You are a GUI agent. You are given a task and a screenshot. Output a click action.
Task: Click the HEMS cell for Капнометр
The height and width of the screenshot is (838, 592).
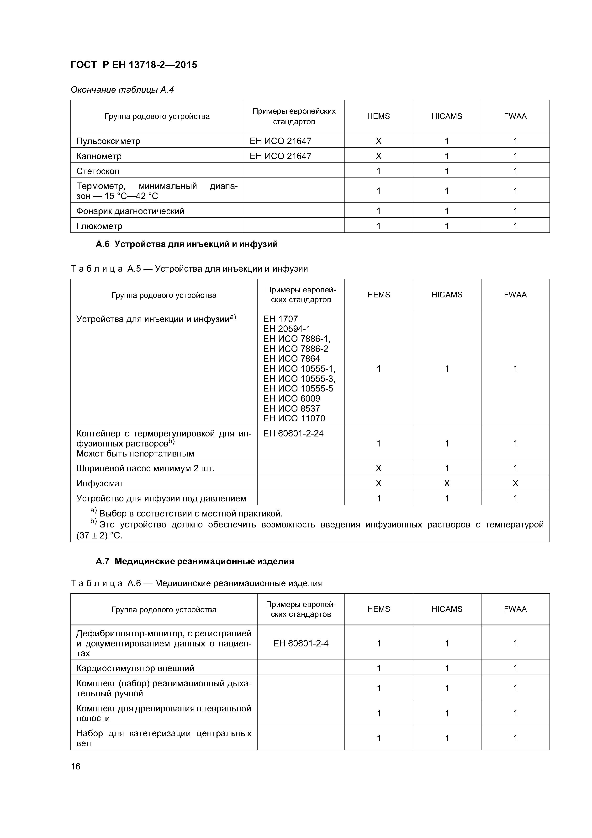(378, 156)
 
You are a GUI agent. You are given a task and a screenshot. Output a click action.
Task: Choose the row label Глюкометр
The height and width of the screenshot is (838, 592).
(99, 226)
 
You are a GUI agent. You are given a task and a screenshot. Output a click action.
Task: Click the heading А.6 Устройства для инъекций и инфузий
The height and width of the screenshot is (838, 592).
(186, 244)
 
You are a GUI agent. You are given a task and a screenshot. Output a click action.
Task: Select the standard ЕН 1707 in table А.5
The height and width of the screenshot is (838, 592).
(280, 319)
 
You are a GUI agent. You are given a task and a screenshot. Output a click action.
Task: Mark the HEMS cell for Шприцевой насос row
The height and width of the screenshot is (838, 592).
(378, 468)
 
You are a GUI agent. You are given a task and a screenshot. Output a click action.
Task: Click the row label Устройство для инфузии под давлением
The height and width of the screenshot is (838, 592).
(161, 498)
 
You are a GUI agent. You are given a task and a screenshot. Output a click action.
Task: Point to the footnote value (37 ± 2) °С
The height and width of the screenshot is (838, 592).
(99, 535)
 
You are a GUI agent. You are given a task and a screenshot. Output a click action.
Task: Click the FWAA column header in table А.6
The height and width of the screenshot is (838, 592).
(515, 609)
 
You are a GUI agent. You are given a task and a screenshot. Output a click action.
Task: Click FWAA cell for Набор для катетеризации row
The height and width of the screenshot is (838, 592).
(515, 738)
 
